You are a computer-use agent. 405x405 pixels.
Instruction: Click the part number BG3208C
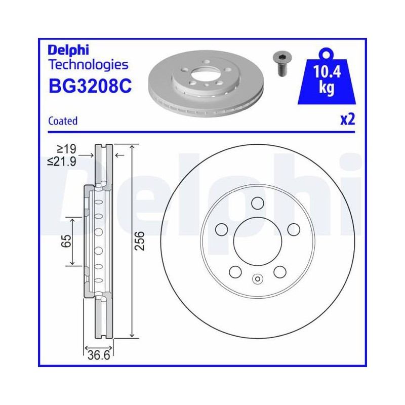click(x=90, y=86)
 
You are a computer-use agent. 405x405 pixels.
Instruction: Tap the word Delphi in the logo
click(x=68, y=50)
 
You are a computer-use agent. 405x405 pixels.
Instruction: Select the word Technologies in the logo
click(x=88, y=65)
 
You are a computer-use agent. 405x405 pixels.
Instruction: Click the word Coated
click(x=63, y=121)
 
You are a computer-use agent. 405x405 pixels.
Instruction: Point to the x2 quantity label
click(x=348, y=119)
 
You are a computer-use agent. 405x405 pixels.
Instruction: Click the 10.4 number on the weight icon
click(x=327, y=71)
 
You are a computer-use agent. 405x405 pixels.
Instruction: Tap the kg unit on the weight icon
click(x=327, y=87)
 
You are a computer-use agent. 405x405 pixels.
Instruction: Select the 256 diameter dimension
click(x=140, y=241)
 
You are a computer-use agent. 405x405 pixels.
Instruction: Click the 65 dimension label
click(x=66, y=241)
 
